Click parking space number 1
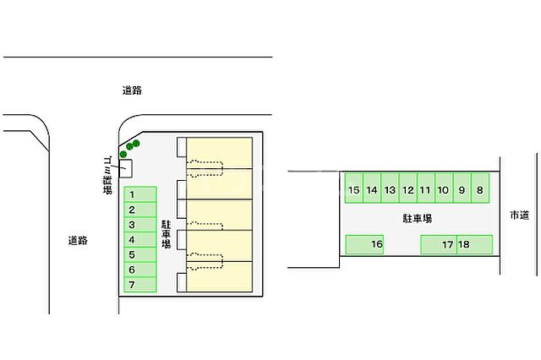[140, 194]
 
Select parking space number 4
[140, 239]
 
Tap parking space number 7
[140, 285]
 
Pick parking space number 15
[353, 190]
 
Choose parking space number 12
[407, 190]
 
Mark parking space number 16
[366, 245]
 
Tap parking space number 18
[474, 245]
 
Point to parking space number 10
[443, 190]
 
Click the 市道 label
[518, 216]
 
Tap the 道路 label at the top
[131, 90]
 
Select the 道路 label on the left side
[78, 241]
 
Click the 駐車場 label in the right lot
[418, 218]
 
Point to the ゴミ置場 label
[107, 175]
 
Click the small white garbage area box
[125, 170]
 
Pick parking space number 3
[140, 225]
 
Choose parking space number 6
[140, 270]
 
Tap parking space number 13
[390, 190]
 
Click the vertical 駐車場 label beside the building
[167, 232]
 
